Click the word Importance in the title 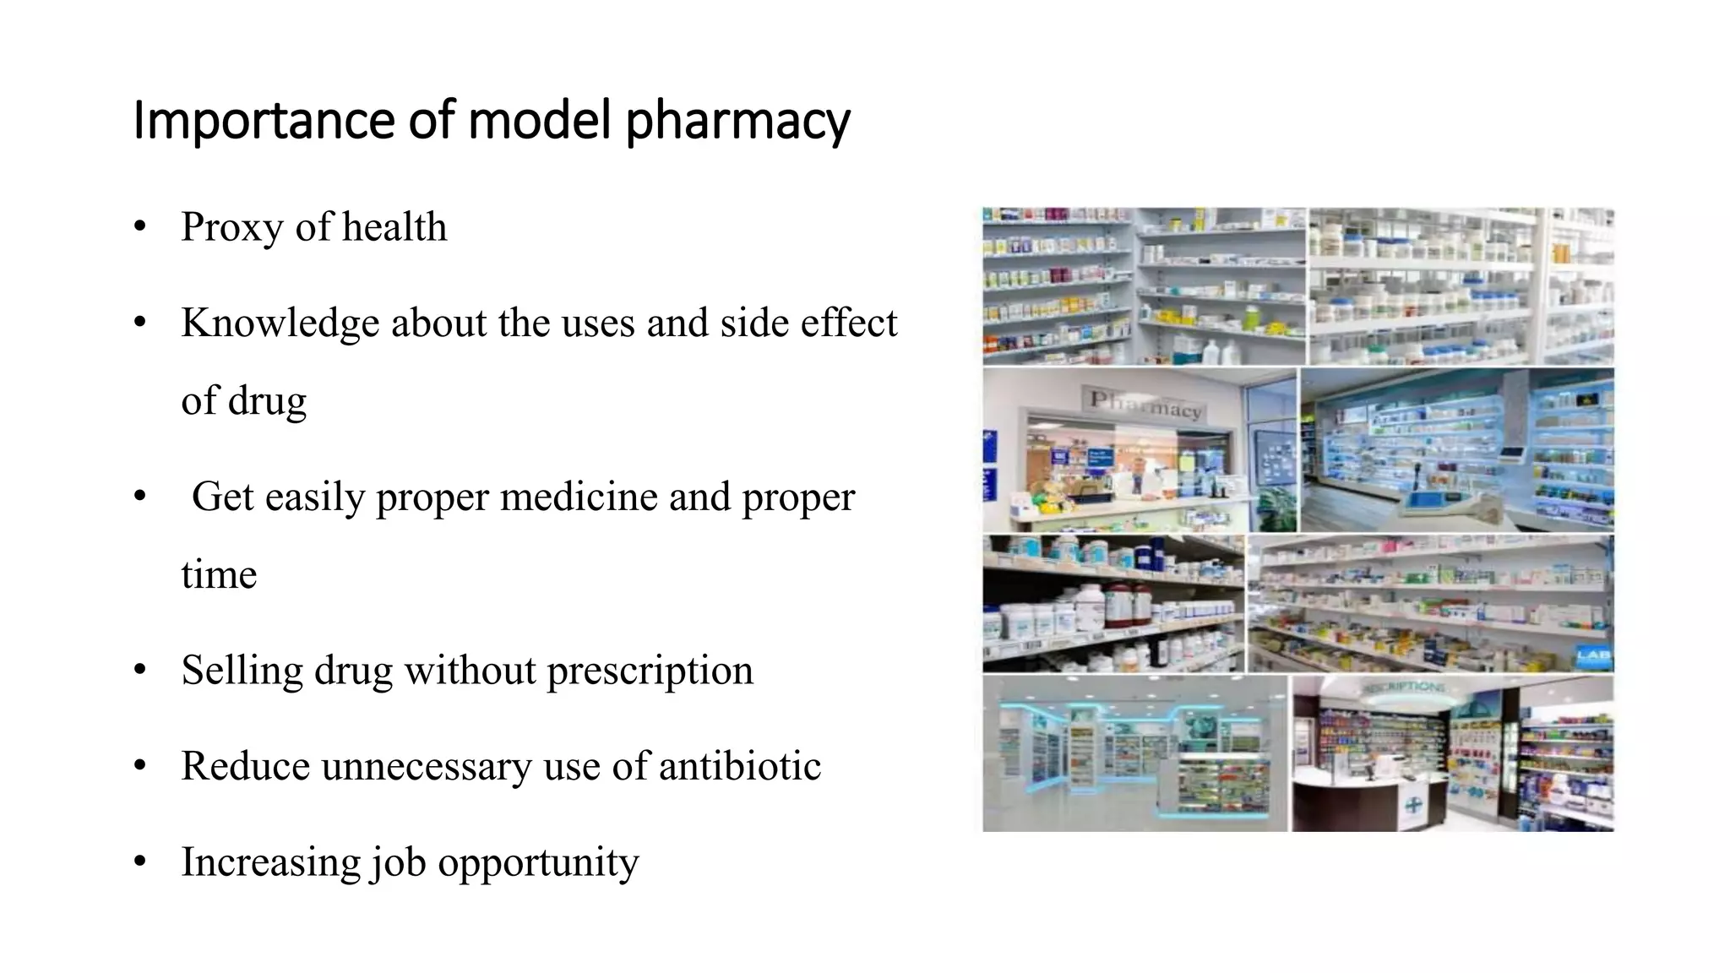pyautogui.click(x=263, y=121)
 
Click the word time pyautogui.click(x=219, y=575)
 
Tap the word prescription pyautogui.click(x=650, y=671)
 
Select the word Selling pyautogui.click(x=242, y=671)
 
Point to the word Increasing pyautogui.click(x=270, y=862)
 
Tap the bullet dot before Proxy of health pyautogui.click(x=140, y=227)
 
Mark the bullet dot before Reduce pyautogui.click(x=140, y=767)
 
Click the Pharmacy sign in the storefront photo pyautogui.click(x=1145, y=403)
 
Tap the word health pyautogui.click(x=394, y=227)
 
